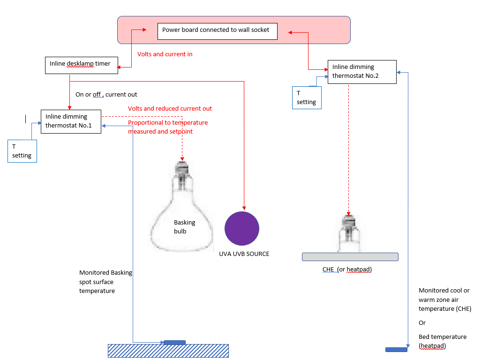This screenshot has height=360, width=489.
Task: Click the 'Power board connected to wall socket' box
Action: (x=218, y=31)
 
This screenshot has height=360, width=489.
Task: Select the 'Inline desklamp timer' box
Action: (x=82, y=66)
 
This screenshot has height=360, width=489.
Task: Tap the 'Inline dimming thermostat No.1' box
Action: (x=71, y=121)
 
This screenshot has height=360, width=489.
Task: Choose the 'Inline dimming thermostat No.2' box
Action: (x=362, y=72)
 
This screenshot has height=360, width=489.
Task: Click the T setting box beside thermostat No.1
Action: (x=22, y=151)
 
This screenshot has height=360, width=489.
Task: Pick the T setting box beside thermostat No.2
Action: (x=307, y=98)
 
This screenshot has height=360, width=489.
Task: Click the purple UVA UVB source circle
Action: (x=242, y=228)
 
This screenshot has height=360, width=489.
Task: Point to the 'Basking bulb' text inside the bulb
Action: (x=184, y=227)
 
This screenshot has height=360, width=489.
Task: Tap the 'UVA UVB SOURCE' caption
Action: (x=244, y=254)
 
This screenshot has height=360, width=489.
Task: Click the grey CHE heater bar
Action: (x=350, y=257)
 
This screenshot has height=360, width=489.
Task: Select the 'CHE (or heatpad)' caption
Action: (x=347, y=270)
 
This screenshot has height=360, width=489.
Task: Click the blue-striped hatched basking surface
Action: (x=168, y=351)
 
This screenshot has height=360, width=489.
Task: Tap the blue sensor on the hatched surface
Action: (x=174, y=343)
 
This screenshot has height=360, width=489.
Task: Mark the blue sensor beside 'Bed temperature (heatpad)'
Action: (x=396, y=350)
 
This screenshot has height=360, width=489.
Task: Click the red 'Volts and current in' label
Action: (x=165, y=54)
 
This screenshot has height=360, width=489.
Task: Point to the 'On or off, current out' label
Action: (x=106, y=94)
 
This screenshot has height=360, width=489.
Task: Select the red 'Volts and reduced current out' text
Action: (x=170, y=108)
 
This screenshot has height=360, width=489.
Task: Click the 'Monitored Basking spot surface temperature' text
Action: (x=105, y=282)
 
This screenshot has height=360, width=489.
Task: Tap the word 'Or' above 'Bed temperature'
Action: (x=422, y=323)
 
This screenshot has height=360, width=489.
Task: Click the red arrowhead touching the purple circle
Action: (x=244, y=208)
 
